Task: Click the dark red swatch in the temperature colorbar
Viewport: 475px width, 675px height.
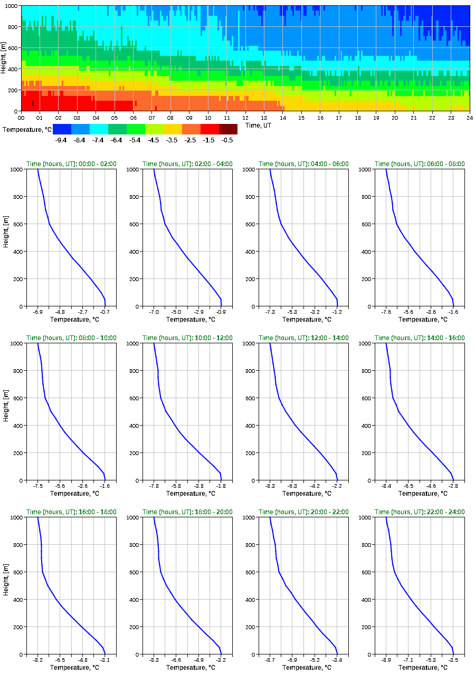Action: tap(228, 129)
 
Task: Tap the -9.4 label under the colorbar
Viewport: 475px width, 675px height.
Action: tap(62, 140)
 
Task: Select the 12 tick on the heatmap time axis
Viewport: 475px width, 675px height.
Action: tap(245, 118)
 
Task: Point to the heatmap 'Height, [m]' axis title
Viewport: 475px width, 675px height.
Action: tap(4, 58)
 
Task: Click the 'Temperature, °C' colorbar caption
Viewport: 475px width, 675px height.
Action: tap(26, 129)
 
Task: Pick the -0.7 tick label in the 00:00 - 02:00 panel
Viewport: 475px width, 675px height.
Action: tap(105, 312)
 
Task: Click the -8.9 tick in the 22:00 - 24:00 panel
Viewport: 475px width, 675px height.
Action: tap(386, 660)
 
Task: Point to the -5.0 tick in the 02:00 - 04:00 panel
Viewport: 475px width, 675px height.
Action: tap(176, 312)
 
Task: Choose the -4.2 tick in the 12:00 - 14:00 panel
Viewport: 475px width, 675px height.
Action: tap(315, 486)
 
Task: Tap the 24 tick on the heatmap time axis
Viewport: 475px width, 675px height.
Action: tap(469, 118)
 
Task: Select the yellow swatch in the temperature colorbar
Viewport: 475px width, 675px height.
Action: tap(173, 129)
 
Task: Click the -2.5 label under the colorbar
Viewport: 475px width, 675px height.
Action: tap(191, 140)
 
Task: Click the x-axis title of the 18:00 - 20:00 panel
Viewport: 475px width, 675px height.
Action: tap(187, 668)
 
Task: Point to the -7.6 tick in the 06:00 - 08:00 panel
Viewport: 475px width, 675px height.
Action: tap(386, 312)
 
